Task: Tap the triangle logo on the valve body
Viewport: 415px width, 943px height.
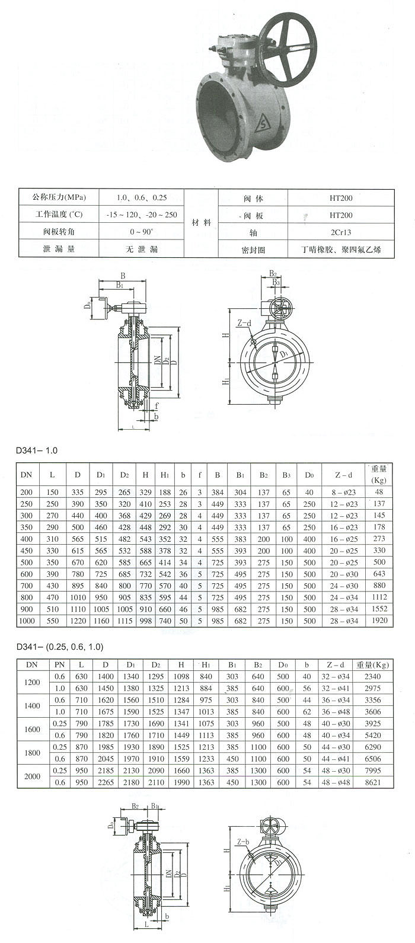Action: (x=261, y=125)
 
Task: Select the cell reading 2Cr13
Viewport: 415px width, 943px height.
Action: (x=341, y=232)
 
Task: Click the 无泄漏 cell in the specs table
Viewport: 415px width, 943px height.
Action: (x=142, y=250)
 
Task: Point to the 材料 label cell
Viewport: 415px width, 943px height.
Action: (x=202, y=223)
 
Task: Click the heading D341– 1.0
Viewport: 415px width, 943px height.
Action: (x=37, y=450)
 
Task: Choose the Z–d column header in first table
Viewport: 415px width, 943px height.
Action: (x=343, y=475)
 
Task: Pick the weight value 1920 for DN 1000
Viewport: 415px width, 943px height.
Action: (x=379, y=621)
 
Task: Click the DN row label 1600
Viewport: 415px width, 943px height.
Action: (x=33, y=729)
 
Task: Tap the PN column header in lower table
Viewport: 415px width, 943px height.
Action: (x=60, y=664)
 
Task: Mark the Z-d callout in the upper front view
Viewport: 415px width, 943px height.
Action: (x=244, y=324)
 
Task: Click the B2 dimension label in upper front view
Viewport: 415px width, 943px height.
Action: (x=272, y=274)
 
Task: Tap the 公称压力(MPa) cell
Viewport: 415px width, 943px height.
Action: (x=59, y=197)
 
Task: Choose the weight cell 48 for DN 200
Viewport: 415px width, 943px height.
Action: (x=379, y=492)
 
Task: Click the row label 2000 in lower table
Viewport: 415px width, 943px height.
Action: (x=33, y=776)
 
